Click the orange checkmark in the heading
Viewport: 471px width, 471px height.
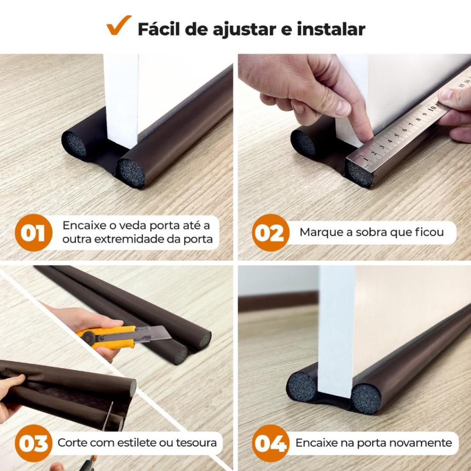click(119, 26)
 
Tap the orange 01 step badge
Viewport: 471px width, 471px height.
click(33, 233)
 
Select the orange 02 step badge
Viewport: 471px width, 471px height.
click(270, 233)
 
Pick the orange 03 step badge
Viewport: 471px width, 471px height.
click(33, 443)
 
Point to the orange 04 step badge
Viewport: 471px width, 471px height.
click(270, 443)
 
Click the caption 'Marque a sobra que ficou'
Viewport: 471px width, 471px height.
click(372, 232)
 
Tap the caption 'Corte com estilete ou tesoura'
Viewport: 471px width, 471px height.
click(137, 443)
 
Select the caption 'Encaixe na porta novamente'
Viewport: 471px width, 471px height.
click(373, 443)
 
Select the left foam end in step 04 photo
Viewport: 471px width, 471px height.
click(302, 386)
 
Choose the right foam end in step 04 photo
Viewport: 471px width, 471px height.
click(366, 398)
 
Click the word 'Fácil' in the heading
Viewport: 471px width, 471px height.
click(159, 29)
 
